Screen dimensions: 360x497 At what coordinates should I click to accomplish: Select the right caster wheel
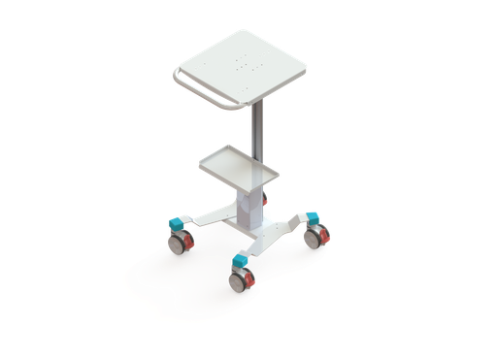coord(316,236)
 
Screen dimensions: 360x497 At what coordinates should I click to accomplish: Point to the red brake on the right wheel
coord(327,236)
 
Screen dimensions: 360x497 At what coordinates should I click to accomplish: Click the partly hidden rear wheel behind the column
coord(262,203)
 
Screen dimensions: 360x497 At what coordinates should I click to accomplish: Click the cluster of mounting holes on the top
coord(245,66)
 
